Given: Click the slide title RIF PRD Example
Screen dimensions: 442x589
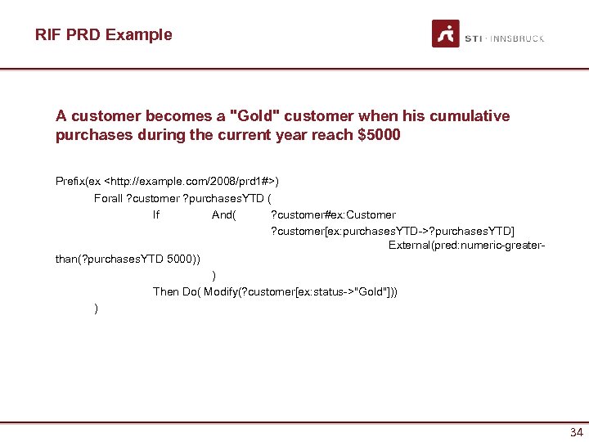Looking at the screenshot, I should click(x=104, y=34).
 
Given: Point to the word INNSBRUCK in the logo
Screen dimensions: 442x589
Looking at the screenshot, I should click(x=517, y=38).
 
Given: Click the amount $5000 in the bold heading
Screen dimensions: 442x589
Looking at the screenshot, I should click(x=380, y=135).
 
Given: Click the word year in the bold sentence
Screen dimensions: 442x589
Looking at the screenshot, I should click(x=288, y=135).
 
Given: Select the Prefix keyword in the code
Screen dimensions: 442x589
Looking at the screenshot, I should click(x=71, y=179).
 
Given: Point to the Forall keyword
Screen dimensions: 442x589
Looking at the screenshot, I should click(x=108, y=197).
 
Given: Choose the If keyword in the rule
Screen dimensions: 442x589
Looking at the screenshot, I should click(x=156, y=215).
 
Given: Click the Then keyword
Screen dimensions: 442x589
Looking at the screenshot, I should click(x=166, y=291).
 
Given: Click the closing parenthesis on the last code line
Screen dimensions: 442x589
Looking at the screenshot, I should click(x=97, y=308).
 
